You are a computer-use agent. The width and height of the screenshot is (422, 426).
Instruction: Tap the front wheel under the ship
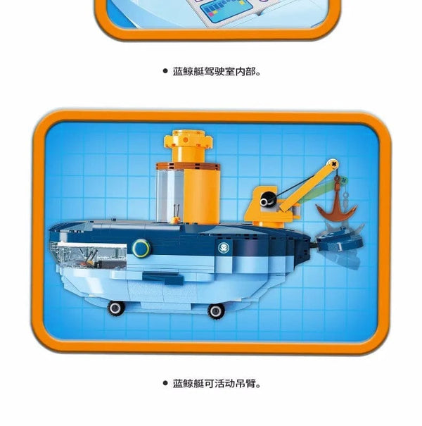[114, 307]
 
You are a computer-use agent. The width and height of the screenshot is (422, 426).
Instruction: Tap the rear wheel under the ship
[217, 310]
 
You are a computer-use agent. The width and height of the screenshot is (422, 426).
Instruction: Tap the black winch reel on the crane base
[265, 201]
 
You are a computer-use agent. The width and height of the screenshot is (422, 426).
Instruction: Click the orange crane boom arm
[307, 181]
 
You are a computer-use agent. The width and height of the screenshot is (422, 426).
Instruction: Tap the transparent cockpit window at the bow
[88, 251]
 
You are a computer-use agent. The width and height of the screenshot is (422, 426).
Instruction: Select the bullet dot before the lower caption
[166, 384]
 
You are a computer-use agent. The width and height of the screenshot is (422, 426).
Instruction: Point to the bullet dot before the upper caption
[166, 71]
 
